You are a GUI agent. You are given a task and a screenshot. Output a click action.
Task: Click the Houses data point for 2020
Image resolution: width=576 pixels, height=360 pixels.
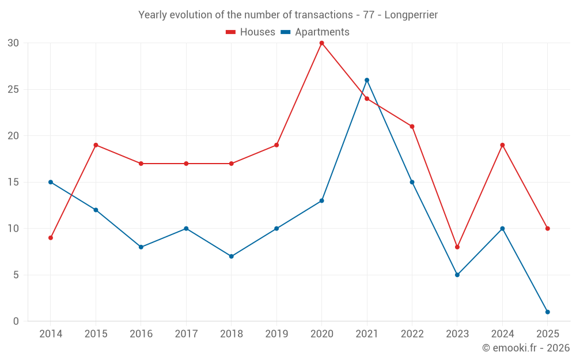pyautogui.click(x=321, y=43)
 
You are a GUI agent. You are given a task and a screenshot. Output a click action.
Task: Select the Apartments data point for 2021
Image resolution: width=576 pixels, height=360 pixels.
pyautogui.click(x=367, y=80)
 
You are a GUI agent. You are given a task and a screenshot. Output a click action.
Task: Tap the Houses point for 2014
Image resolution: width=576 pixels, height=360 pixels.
pyautogui.click(x=51, y=238)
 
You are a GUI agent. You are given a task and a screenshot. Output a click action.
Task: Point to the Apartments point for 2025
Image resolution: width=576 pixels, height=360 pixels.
pyautogui.click(x=547, y=312)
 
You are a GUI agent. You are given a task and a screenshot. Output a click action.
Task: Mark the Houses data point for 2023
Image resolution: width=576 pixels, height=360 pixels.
pyautogui.click(x=457, y=247)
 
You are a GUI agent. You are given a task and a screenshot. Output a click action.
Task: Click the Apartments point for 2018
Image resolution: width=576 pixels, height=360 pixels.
pyautogui.click(x=231, y=256)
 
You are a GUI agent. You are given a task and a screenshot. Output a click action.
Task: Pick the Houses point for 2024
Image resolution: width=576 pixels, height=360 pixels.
pyautogui.click(x=502, y=145)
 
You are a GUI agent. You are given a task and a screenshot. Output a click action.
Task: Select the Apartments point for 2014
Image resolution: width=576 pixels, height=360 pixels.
pyautogui.click(x=51, y=182)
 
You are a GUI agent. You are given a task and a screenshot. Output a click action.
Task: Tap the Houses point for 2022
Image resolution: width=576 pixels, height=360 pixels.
pyautogui.click(x=412, y=127)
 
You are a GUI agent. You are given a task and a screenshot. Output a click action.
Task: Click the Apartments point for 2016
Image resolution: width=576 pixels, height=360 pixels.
pyautogui.click(x=141, y=247)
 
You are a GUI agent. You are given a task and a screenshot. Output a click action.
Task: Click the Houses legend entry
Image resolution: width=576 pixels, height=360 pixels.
pyautogui.click(x=251, y=32)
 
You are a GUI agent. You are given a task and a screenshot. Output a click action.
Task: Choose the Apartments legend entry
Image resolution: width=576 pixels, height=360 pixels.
pyautogui.click(x=315, y=32)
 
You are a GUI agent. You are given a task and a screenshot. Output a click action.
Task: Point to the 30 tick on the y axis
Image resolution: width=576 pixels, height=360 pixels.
pyautogui.click(x=13, y=43)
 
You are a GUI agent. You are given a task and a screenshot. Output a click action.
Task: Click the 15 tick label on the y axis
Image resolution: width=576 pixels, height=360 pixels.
pyautogui.click(x=13, y=182)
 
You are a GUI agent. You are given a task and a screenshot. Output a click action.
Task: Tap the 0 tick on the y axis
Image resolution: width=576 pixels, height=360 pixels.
pyautogui.click(x=16, y=321)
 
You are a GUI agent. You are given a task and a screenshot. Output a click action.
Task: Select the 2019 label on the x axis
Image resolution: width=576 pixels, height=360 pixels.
pyautogui.click(x=276, y=334)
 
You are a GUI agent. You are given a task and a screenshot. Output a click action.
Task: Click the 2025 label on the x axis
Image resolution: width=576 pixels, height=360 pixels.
pyautogui.click(x=547, y=334)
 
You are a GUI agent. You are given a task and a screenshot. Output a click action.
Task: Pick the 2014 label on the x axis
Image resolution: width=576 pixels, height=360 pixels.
pyautogui.click(x=51, y=334)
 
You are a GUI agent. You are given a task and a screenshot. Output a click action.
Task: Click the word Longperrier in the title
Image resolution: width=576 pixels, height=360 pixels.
pyautogui.click(x=411, y=15)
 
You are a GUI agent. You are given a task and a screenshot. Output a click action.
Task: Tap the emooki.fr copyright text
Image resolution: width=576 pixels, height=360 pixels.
pyautogui.click(x=526, y=348)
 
